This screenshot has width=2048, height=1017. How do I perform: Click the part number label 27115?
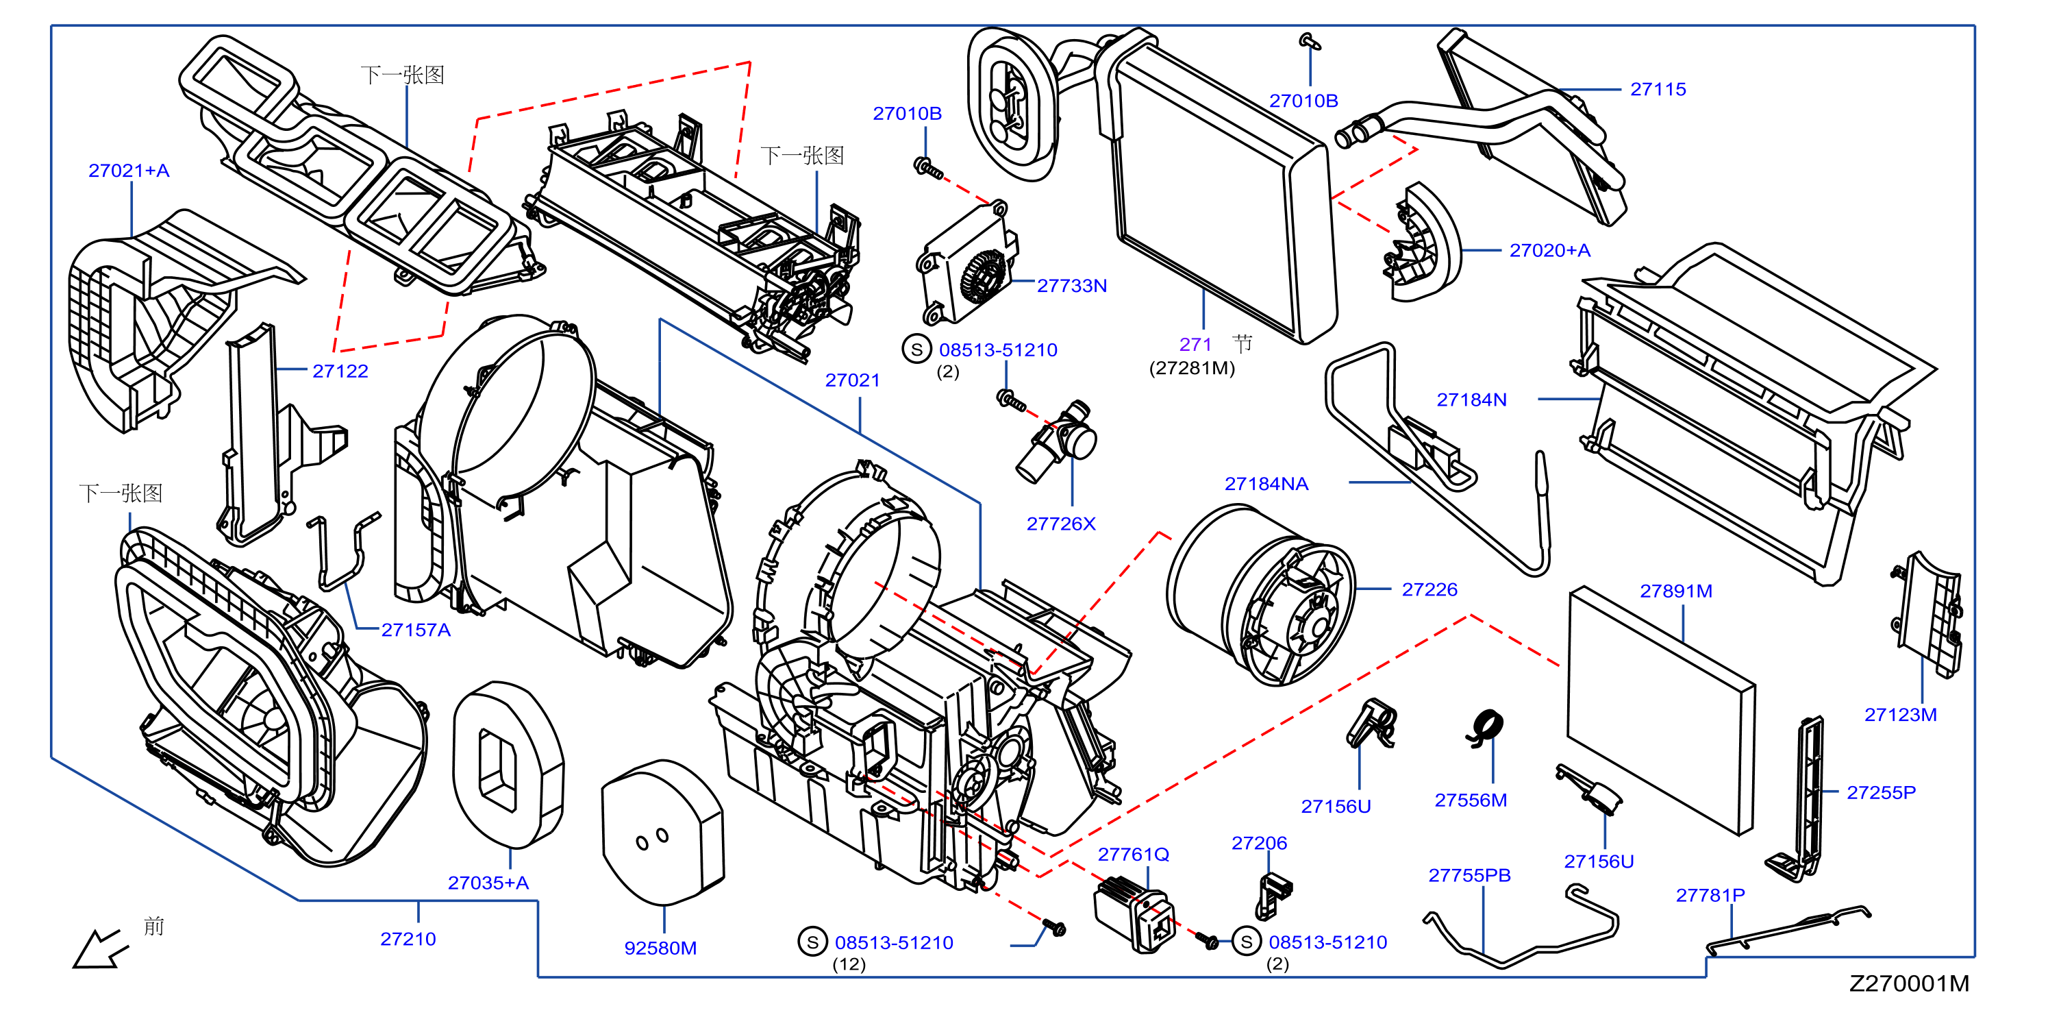(x=1658, y=89)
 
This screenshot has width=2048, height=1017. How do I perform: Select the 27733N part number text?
(x=1072, y=286)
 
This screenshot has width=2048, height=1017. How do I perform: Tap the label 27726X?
(x=1060, y=523)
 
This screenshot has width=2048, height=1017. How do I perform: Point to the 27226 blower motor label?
(x=1429, y=589)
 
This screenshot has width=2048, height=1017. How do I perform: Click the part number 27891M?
(x=1676, y=591)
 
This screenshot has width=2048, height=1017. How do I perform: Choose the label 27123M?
(x=1900, y=714)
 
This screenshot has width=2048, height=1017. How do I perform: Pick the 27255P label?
(x=1881, y=792)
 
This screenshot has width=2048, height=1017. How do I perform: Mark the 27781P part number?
(x=1710, y=894)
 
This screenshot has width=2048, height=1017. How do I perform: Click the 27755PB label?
(x=1469, y=874)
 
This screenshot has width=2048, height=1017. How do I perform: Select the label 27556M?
(x=1471, y=800)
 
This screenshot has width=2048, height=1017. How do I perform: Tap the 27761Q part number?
(x=1133, y=854)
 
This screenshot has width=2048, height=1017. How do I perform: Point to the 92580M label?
(x=661, y=948)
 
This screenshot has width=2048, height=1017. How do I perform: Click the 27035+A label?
(x=488, y=883)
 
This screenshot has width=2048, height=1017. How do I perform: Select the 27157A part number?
(x=416, y=630)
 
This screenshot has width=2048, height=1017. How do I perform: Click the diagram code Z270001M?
(x=1909, y=983)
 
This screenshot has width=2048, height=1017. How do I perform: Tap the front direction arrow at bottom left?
(x=99, y=948)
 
